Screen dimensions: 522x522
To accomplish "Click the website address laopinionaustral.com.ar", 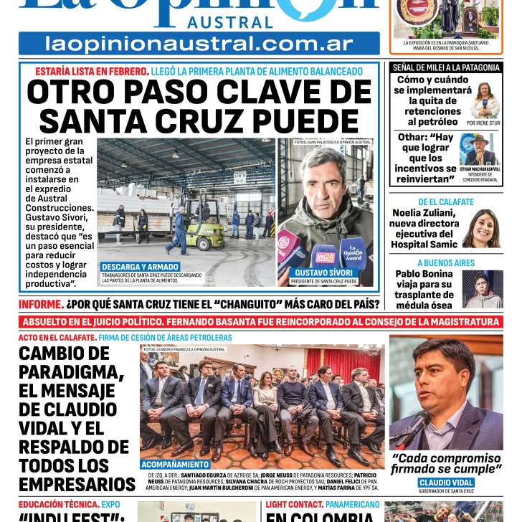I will tap(199, 44).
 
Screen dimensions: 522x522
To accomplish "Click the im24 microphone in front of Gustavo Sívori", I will tap(325, 256).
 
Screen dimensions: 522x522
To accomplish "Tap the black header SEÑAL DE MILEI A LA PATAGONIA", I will tap(446, 67).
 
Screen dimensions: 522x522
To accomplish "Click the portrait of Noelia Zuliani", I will tap(481, 228).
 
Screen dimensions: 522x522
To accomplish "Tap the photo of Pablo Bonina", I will tap(482, 288).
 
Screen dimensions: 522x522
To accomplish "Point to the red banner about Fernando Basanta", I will tap(261, 322).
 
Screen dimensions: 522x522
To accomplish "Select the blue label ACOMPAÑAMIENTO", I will tap(176, 465).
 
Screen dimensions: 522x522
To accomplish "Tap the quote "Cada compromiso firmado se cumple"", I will tap(445, 464).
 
